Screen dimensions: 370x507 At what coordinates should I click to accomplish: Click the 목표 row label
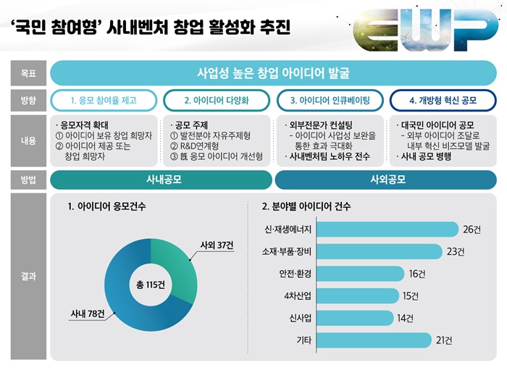(x=28, y=73)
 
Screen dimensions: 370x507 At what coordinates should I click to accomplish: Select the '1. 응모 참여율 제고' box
(x=104, y=100)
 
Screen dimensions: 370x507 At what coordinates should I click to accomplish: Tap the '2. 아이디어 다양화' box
(x=217, y=100)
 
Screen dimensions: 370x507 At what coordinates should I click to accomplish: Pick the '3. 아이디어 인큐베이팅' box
(x=330, y=100)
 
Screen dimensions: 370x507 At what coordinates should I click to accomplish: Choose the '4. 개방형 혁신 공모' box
(x=443, y=100)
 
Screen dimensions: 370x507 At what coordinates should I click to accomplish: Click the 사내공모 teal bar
(x=162, y=178)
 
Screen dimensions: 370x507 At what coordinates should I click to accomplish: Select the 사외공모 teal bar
(x=387, y=178)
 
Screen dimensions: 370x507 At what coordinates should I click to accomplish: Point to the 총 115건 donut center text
(x=151, y=284)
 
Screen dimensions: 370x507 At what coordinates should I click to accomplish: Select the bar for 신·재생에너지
(x=388, y=230)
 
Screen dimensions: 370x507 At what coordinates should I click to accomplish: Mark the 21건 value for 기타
(x=445, y=340)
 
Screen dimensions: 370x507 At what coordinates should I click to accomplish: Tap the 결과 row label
(x=28, y=276)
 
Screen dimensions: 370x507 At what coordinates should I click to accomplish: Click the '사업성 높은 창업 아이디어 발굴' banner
(x=274, y=73)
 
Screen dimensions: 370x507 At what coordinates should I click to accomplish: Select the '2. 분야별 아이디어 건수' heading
(x=306, y=206)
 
